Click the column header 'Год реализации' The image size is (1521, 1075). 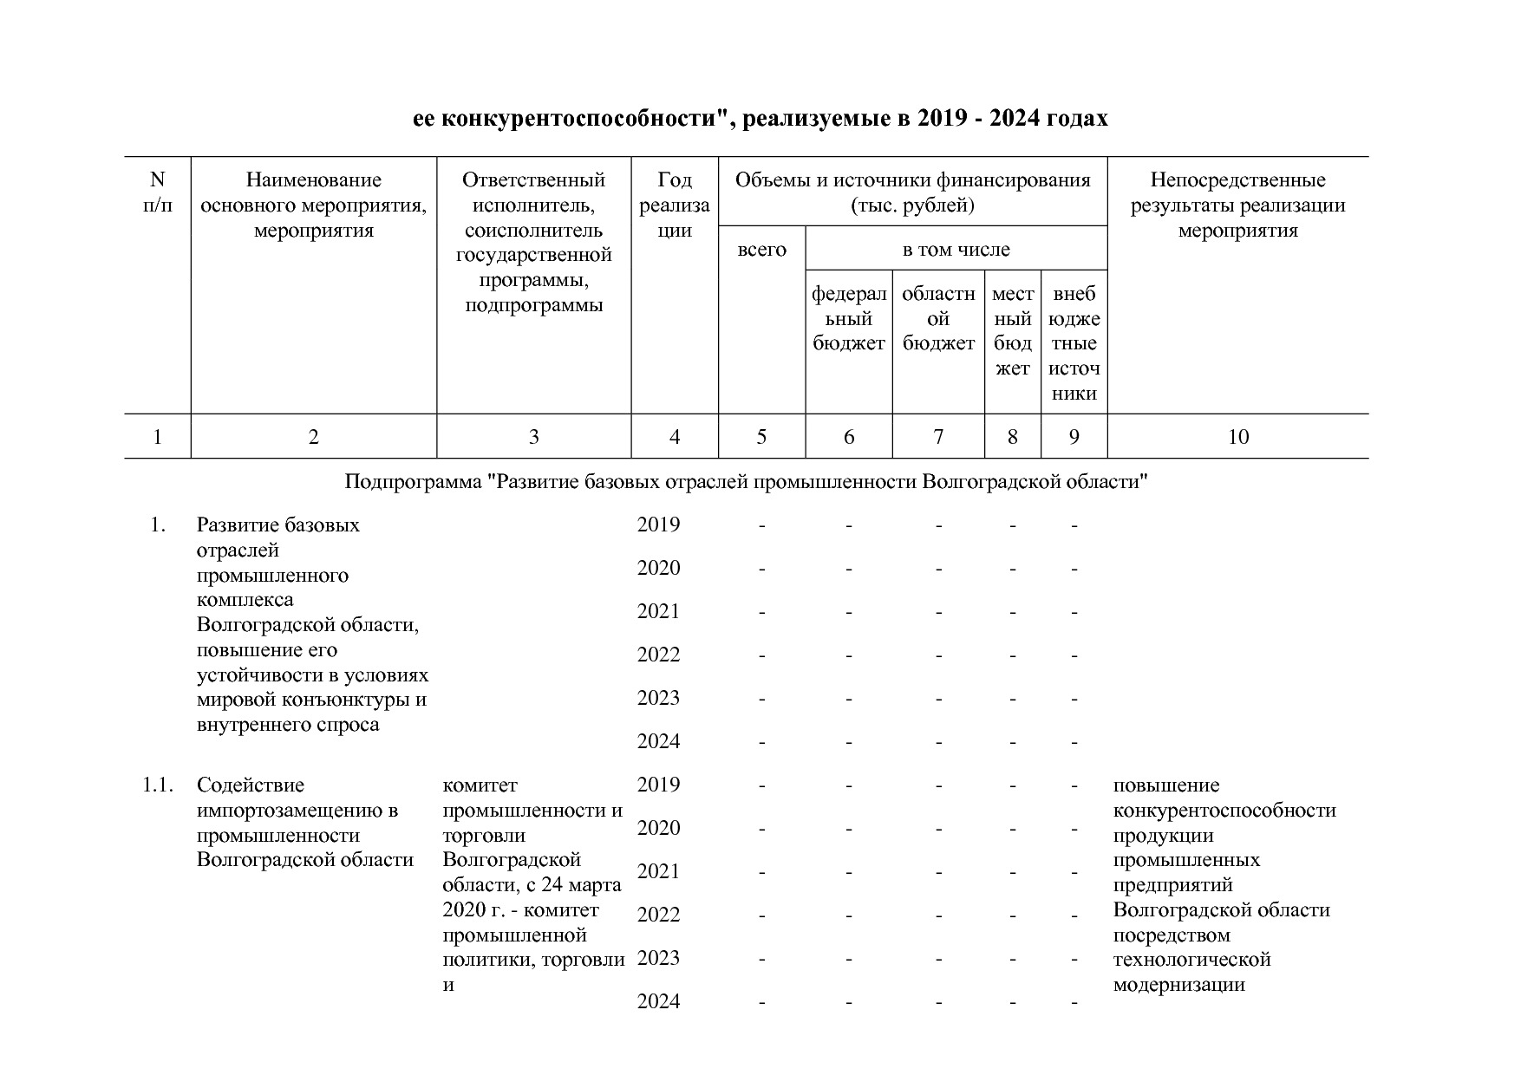click(x=675, y=205)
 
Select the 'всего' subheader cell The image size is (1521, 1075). click(x=761, y=250)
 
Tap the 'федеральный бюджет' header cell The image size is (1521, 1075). click(x=848, y=318)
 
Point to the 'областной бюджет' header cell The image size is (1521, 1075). click(x=938, y=318)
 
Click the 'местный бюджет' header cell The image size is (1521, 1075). click(x=1012, y=330)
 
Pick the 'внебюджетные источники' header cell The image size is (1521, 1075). click(x=1074, y=343)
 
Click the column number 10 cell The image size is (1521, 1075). click(x=1237, y=437)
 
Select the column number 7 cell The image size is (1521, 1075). click(x=937, y=437)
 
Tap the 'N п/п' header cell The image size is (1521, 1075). click(x=157, y=192)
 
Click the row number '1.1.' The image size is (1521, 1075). click(x=158, y=785)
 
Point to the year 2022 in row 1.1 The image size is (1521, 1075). click(x=658, y=915)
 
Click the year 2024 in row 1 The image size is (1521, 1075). click(x=658, y=742)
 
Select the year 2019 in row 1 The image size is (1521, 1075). click(x=658, y=525)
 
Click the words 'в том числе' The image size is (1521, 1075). click(x=956, y=250)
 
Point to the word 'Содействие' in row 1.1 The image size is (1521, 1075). click(x=250, y=785)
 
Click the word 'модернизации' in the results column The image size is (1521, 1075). click(x=1178, y=985)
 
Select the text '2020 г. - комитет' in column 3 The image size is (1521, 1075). click(x=520, y=910)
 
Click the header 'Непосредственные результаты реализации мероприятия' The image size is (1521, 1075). click(x=1237, y=205)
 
